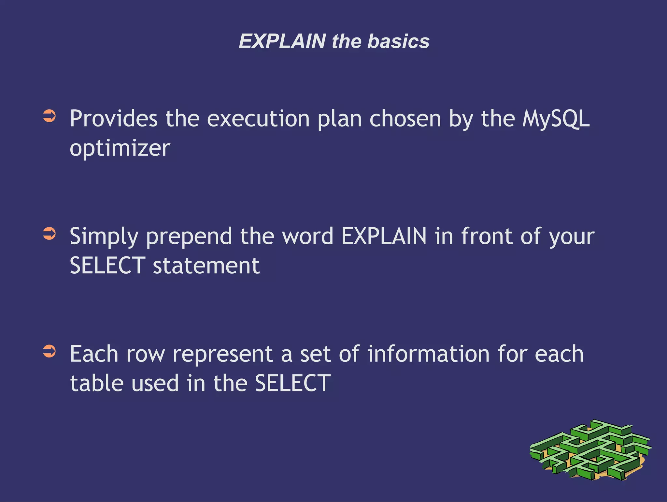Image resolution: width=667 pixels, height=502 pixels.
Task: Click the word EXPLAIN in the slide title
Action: [282, 41]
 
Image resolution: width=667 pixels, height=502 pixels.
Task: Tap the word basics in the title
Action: [398, 41]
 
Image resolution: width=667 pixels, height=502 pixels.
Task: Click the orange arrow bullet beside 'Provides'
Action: [50, 116]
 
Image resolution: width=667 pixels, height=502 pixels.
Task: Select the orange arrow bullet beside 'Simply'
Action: [50, 234]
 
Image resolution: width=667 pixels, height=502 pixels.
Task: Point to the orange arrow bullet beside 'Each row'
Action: [50, 352]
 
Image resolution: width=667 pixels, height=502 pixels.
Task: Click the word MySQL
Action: [556, 118]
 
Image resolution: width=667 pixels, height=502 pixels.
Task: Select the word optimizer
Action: [120, 148]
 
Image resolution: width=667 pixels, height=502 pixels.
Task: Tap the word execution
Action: [258, 118]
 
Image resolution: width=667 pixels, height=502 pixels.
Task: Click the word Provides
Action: [114, 118]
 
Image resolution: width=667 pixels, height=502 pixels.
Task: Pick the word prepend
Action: [189, 236]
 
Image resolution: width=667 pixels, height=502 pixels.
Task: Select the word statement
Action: [206, 266]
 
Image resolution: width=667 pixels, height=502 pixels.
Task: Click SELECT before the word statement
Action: [107, 266]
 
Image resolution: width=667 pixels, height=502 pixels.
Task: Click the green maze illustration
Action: [590, 450]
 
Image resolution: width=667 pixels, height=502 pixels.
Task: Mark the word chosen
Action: [405, 118]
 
